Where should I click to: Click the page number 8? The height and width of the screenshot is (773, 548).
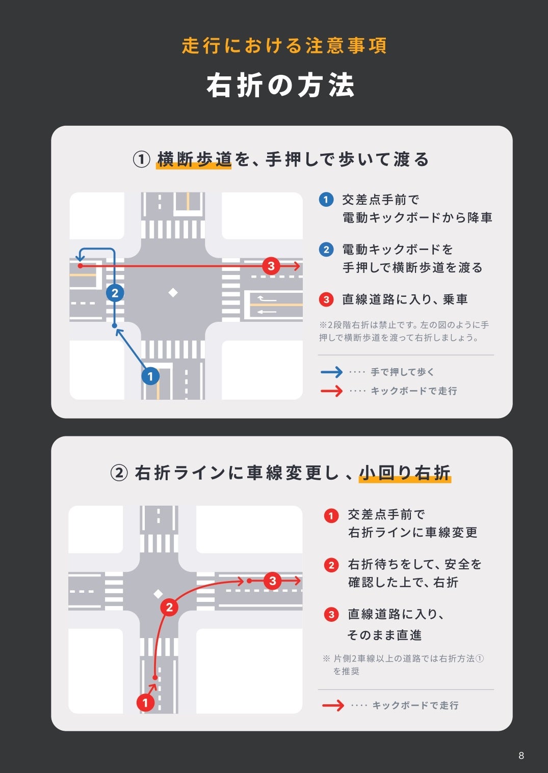(521, 755)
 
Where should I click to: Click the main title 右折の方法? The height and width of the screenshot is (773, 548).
(280, 85)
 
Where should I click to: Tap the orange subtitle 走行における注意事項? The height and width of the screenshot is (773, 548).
(284, 46)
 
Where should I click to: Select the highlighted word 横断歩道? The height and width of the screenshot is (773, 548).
(194, 159)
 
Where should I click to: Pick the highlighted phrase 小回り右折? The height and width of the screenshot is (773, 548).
(405, 473)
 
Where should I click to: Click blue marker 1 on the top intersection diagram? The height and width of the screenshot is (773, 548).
(150, 376)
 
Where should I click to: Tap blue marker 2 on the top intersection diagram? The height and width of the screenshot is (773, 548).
(115, 293)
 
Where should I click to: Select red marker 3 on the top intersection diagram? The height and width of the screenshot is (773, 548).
(271, 266)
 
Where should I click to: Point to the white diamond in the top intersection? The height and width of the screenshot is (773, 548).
(173, 292)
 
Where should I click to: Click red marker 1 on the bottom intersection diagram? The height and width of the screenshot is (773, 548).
(145, 703)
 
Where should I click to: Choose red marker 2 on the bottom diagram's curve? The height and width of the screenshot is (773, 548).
(169, 607)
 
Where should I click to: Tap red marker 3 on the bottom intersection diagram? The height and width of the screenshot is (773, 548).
(273, 581)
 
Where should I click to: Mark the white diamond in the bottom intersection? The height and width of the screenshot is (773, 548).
(158, 594)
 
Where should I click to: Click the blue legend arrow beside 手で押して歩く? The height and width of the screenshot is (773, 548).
(331, 372)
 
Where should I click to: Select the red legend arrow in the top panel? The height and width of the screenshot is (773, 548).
(331, 391)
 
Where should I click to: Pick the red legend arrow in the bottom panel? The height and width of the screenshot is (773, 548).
(333, 705)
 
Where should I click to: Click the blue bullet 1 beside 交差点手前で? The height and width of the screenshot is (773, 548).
(326, 200)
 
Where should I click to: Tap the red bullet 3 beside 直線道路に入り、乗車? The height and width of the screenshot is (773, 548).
(326, 299)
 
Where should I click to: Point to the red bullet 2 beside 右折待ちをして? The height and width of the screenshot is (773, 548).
(331, 565)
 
